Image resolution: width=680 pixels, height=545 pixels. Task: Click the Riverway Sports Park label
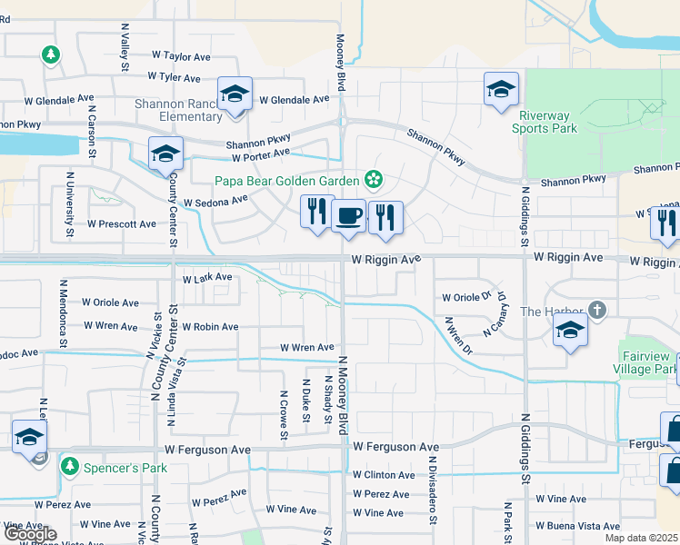(x=548, y=122)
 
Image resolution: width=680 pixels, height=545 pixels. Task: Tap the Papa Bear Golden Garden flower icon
(x=372, y=177)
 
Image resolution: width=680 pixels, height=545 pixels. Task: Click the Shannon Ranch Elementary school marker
(x=235, y=94)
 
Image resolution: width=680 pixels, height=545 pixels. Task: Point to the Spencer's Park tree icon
(x=68, y=466)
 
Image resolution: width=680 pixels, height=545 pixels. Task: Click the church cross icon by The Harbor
(x=596, y=311)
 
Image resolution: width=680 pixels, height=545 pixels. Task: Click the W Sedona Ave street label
(x=215, y=201)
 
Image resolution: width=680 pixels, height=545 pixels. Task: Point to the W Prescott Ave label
(x=122, y=223)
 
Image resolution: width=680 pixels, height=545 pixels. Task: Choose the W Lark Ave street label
(x=207, y=278)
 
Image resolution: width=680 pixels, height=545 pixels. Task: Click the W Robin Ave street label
(x=210, y=326)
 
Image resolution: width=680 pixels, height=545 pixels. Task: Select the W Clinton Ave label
(x=384, y=475)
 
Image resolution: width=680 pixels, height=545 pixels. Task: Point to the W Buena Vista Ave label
(x=578, y=526)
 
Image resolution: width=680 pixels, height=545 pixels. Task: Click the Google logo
(x=30, y=534)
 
